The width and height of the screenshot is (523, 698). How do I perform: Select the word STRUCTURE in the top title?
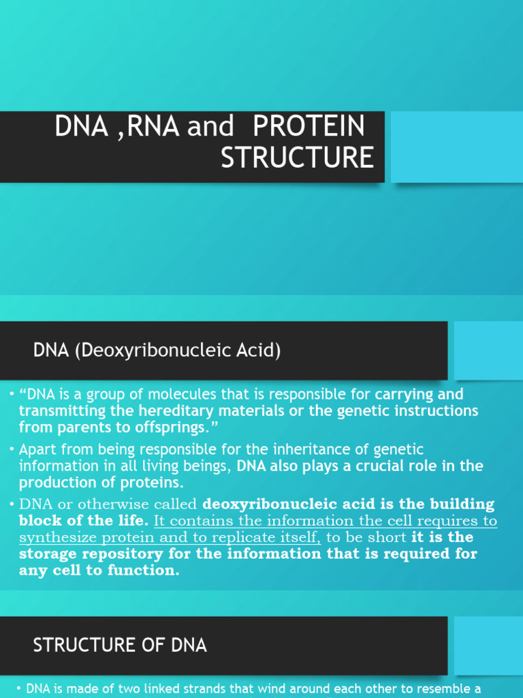coord(297,157)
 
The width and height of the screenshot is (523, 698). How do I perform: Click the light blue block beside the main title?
coord(456,147)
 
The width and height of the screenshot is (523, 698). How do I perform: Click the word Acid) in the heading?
coord(257,351)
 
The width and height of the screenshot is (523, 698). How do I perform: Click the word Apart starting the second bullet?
coord(37,449)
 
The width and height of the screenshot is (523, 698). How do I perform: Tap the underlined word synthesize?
coord(57,538)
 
